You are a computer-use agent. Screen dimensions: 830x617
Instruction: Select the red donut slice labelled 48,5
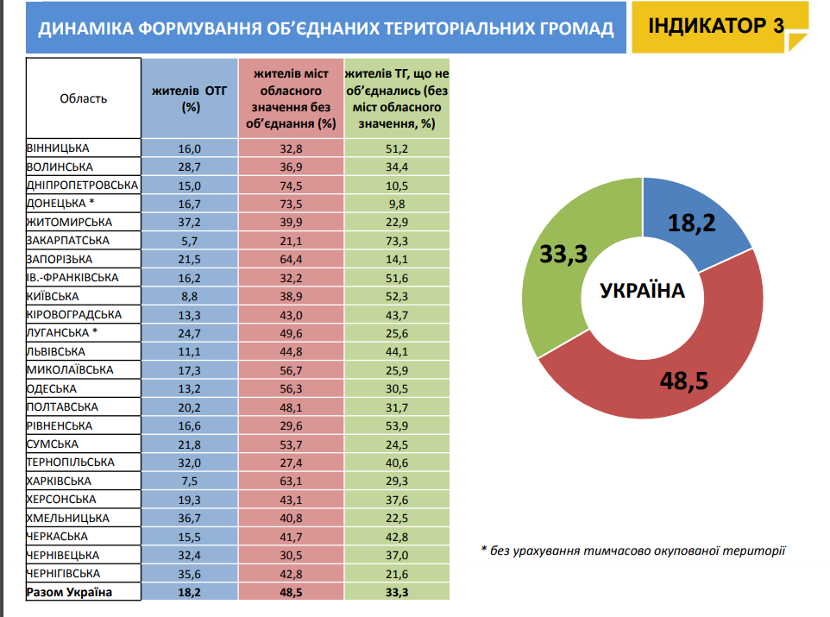coord(682,376)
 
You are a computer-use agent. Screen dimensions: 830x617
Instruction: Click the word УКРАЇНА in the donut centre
coord(642,291)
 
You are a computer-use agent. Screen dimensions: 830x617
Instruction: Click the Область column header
coord(83,98)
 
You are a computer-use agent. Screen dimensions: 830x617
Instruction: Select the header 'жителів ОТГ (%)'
coord(190,98)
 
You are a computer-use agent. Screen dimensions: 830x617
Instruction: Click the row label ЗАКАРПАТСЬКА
coord(68,241)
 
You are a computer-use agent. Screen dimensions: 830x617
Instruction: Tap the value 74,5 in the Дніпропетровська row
coord(291,186)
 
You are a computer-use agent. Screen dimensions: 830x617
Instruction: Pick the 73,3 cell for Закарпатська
coord(397,241)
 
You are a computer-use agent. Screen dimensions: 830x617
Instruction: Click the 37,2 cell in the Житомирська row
coord(190,223)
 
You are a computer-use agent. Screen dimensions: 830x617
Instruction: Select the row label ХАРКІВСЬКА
coord(59,481)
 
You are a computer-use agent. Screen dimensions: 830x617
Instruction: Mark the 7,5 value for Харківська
coord(190,482)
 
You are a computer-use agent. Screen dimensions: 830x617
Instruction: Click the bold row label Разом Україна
coord(69,592)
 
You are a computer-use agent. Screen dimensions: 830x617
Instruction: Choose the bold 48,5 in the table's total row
coord(291,593)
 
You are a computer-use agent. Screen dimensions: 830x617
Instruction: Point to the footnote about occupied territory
coord(633,551)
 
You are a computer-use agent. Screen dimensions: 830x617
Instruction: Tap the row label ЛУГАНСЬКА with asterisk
coord(62,332)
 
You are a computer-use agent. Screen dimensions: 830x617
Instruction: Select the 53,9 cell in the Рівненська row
coord(397,425)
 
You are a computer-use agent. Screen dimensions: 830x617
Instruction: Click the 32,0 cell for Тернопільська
coord(190,463)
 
